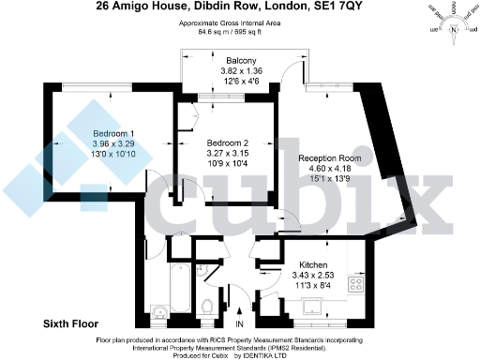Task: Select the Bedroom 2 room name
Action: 228,142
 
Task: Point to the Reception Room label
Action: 325,158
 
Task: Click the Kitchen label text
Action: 313,265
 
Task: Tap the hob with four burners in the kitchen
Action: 356,283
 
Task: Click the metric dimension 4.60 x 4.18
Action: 325,169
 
